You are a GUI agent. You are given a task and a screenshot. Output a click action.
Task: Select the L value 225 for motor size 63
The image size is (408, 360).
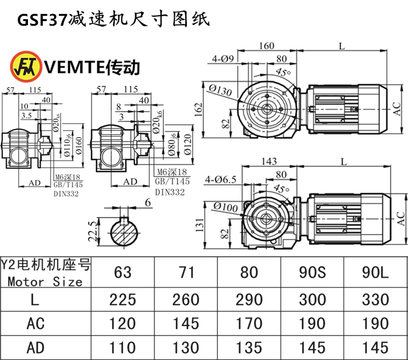(x=122, y=299)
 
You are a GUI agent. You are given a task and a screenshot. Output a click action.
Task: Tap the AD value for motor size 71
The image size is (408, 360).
(x=185, y=347)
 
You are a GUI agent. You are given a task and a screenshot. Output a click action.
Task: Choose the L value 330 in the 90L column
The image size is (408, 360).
(x=374, y=299)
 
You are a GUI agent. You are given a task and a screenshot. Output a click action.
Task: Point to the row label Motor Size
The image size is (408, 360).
(x=45, y=282)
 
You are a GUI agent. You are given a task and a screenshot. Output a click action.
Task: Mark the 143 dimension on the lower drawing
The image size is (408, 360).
(x=268, y=162)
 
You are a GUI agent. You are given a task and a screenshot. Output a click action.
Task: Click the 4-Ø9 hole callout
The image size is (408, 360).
(x=223, y=58)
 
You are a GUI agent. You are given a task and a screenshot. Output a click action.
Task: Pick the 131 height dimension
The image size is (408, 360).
(x=198, y=223)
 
